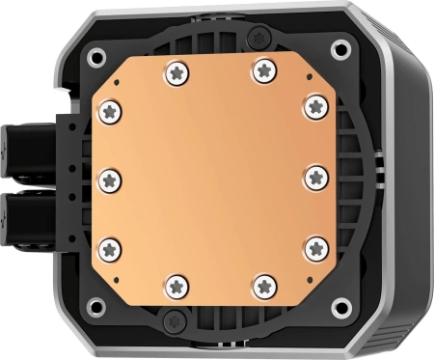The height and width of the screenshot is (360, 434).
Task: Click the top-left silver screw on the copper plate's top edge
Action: [174, 70]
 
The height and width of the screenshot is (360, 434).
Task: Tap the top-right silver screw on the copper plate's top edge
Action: [261, 69]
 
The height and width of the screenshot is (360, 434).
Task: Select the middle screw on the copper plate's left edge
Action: [109, 179]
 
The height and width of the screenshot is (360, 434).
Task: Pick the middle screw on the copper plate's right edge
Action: [318, 177]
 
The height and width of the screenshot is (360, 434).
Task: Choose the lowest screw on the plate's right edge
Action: [316, 249]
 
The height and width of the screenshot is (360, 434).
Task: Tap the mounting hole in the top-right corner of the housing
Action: [339, 48]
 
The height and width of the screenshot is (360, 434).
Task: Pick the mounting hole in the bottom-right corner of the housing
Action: [339, 307]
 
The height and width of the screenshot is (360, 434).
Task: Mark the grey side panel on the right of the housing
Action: [410, 179]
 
